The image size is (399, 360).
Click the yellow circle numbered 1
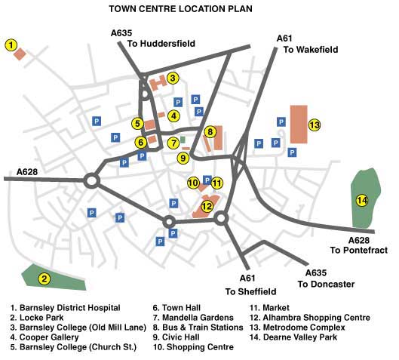point(11,45)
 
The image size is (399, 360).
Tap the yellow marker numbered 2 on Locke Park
point(45,279)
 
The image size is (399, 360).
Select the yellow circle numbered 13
point(315,125)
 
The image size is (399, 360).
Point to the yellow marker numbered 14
point(363,200)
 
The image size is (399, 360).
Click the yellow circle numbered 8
point(210,132)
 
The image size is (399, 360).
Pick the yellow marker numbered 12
point(207,196)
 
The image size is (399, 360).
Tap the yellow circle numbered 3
point(172,78)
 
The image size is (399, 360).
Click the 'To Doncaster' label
point(326,284)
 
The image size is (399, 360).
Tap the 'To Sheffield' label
point(250,291)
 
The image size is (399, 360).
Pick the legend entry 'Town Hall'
point(177,307)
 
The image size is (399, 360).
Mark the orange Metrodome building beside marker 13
point(299,125)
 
